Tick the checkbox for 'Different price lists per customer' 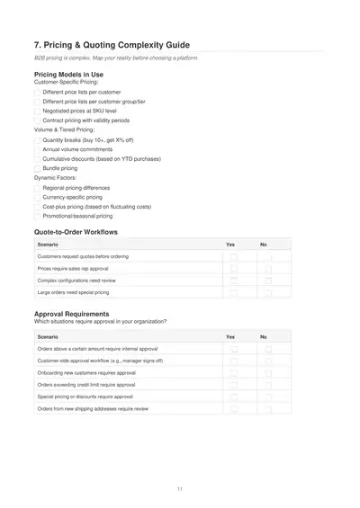click(x=37, y=92)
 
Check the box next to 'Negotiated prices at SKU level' click(x=37, y=111)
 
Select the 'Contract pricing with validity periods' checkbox click(x=37, y=120)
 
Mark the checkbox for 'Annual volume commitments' click(x=37, y=149)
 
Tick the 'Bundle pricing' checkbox click(x=37, y=168)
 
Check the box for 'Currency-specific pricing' click(x=37, y=197)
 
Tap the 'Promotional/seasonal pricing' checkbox click(x=37, y=217)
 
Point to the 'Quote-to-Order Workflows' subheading click(x=76, y=232)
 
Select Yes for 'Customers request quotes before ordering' click(x=234, y=257)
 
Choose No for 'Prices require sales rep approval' click(x=267, y=269)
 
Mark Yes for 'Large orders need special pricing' click(x=234, y=292)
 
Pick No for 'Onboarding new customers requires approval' click(x=267, y=372)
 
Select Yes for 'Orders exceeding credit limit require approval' click(x=234, y=385)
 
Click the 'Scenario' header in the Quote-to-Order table click(x=48, y=245)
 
